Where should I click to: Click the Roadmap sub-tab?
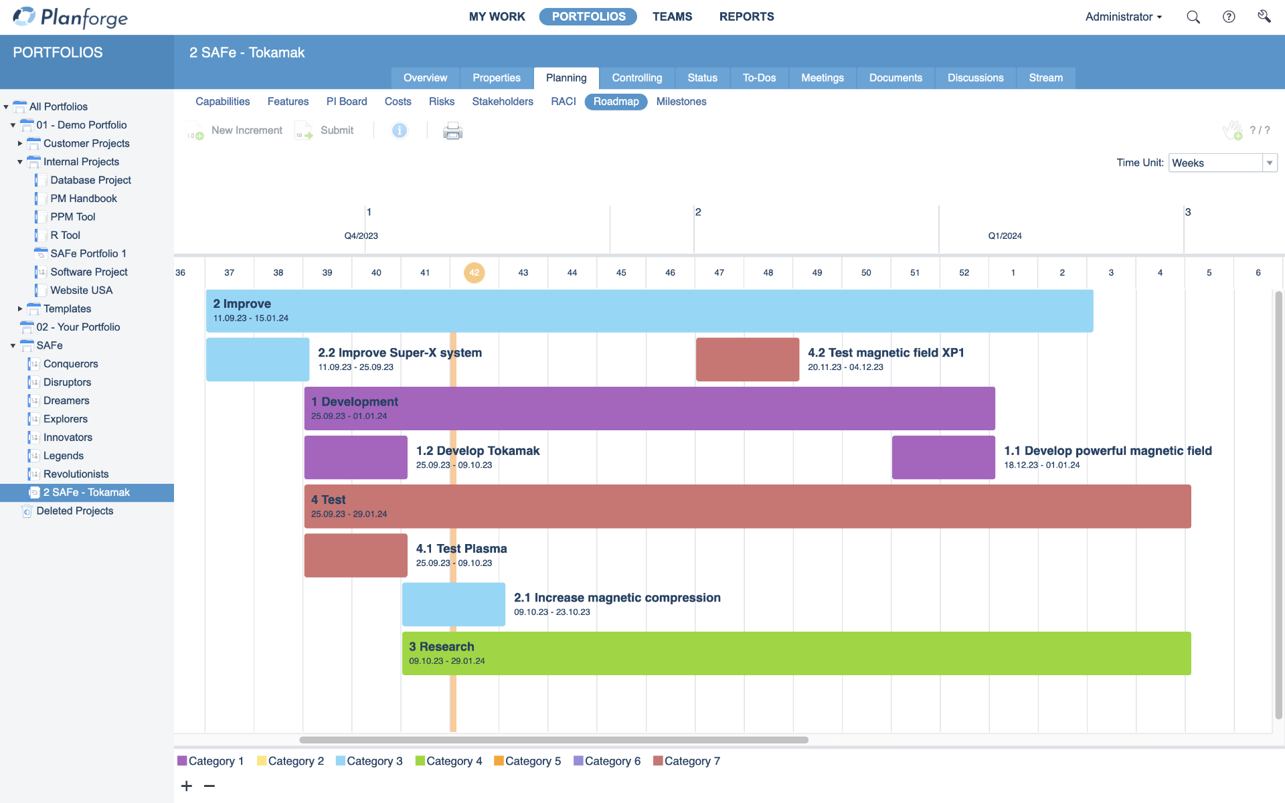[x=616, y=102]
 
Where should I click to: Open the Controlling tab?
[x=636, y=78]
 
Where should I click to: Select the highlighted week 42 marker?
[x=474, y=272]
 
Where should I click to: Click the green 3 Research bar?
[x=796, y=653]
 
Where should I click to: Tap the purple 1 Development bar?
[x=649, y=408]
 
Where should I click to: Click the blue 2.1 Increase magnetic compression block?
[x=453, y=604]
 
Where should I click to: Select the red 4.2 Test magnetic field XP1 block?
[x=747, y=359]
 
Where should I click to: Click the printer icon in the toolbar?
[x=452, y=130]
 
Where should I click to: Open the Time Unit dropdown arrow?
[x=1269, y=163]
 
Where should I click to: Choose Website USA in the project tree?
[x=81, y=290]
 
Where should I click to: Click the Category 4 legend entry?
[x=448, y=761]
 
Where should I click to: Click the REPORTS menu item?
[x=746, y=17]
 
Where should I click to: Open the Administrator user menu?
[x=1123, y=17]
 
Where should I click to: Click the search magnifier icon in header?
[x=1193, y=17]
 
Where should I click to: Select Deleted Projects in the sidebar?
[x=74, y=511]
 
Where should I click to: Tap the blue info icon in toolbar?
[x=399, y=130]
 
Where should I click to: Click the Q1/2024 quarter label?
[x=1005, y=236]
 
